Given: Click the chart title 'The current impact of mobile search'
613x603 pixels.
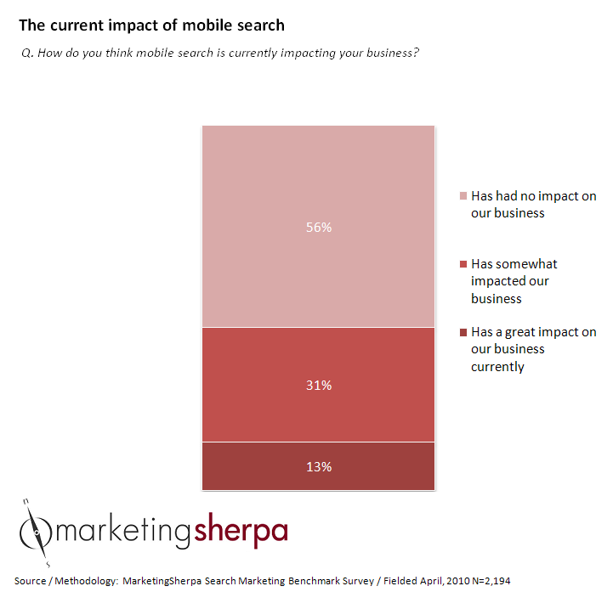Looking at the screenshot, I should pyautogui.click(x=151, y=25).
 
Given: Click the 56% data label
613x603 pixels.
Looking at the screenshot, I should pyautogui.click(x=320, y=228).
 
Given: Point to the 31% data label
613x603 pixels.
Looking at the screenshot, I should pyautogui.click(x=320, y=386).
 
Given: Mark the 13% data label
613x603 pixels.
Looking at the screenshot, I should pyautogui.click(x=320, y=467).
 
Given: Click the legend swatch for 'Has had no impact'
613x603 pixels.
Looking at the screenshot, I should pyautogui.click(x=463, y=196).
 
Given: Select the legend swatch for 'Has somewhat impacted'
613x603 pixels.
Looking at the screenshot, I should pyautogui.click(x=463, y=264).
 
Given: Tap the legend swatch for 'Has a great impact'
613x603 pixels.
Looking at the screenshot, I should pyautogui.click(x=463, y=332).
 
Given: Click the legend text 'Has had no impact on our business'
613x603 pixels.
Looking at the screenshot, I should pyautogui.click(x=533, y=205).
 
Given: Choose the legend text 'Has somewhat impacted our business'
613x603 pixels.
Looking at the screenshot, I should pyautogui.click(x=514, y=281).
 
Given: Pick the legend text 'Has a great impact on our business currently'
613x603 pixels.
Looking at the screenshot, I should pyautogui.click(x=533, y=349).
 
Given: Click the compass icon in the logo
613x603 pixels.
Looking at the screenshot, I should pyautogui.click(x=37, y=533).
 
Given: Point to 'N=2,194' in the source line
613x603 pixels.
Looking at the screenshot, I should pyautogui.click(x=487, y=581).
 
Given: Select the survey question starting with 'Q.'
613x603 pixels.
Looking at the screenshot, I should pyautogui.click(x=219, y=54).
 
